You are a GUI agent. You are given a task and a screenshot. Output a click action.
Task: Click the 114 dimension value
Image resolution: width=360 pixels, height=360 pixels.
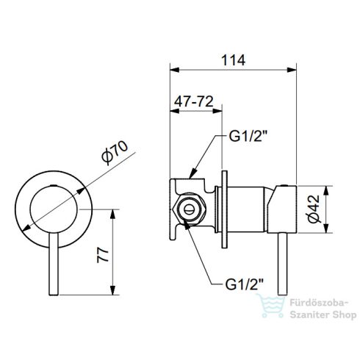click(x=233, y=60)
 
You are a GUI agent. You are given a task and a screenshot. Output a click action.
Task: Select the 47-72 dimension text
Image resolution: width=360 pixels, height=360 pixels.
click(x=194, y=101)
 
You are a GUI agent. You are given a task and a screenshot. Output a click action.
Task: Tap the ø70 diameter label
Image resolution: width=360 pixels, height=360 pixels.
click(x=115, y=152)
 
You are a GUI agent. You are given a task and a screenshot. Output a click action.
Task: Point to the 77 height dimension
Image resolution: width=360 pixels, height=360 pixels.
click(x=103, y=255)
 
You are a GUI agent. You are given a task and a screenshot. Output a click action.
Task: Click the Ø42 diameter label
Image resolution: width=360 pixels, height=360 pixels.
click(x=314, y=209)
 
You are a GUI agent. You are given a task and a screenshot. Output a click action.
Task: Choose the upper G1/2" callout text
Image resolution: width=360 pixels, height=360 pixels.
click(x=248, y=137)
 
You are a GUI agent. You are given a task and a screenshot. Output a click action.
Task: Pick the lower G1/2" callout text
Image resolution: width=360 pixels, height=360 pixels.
click(x=244, y=284)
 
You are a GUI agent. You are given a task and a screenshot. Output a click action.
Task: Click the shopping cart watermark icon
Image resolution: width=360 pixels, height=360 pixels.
click(x=272, y=306)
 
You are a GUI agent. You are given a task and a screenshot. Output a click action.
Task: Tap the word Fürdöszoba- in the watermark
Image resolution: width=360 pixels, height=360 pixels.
click(x=319, y=303)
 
